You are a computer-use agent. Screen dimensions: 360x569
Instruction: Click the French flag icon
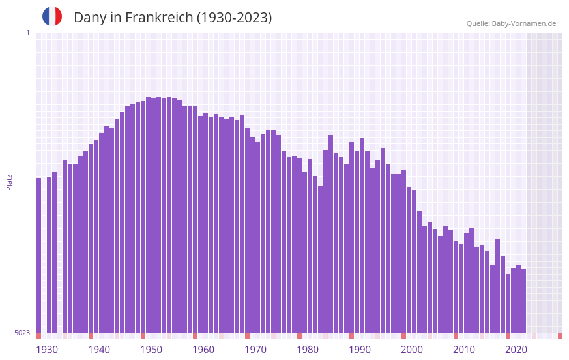(52, 16)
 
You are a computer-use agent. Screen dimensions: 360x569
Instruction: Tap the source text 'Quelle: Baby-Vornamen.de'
(511, 23)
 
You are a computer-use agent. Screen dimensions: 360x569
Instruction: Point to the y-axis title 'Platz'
(9, 182)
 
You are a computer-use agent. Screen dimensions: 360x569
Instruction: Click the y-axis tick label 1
(27, 33)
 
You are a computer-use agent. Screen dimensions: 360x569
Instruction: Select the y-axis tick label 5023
(22, 333)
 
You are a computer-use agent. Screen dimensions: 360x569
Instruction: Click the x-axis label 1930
(47, 350)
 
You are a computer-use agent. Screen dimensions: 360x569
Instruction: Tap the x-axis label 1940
(99, 350)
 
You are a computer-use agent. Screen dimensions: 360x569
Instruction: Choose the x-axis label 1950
(151, 350)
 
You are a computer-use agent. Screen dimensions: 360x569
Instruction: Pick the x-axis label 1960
(203, 350)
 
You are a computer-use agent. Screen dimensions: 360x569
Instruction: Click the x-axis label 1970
(255, 350)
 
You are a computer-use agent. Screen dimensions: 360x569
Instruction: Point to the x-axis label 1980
(308, 350)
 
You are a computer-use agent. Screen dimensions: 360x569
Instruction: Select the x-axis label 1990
(360, 350)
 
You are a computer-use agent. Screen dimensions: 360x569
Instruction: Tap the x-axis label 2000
(412, 350)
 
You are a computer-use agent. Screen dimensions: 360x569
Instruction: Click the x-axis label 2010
(464, 350)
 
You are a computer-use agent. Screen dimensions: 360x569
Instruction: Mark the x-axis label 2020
(516, 350)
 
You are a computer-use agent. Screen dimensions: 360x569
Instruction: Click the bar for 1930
(38, 255)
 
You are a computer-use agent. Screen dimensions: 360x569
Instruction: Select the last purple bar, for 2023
(523, 301)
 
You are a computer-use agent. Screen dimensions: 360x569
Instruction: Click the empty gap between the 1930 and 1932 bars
(44, 261)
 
